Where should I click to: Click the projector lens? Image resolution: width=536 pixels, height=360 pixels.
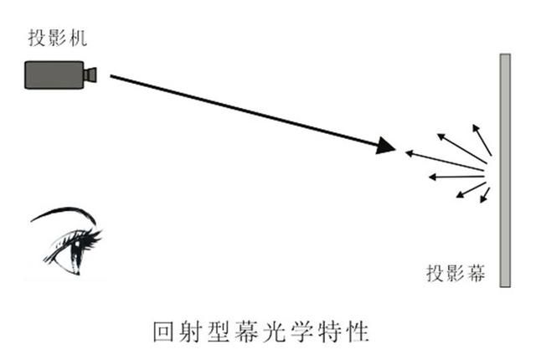(x=90, y=75)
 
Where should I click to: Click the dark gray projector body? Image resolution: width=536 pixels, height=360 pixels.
(x=54, y=75)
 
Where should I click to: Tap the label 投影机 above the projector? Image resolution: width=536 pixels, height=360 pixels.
(x=58, y=38)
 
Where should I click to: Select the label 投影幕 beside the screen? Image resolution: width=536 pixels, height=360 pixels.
(x=456, y=273)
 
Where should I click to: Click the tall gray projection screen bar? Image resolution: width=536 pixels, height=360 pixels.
(x=505, y=170)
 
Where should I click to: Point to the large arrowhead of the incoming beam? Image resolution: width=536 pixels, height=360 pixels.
(x=385, y=146)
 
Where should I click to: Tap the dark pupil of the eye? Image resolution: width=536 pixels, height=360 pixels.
(x=75, y=253)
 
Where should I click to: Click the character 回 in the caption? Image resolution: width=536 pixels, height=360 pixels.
(x=164, y=332)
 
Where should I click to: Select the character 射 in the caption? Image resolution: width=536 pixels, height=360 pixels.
(x=192, y=332)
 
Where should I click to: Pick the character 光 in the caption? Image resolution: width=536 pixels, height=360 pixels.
(x=274, y=332)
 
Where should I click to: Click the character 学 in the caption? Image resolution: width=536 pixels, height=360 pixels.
(x=301, y=332)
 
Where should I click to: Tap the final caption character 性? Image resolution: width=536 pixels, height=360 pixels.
(x=358, y=332)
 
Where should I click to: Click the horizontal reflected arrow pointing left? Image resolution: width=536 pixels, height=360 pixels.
(x=456, y=177)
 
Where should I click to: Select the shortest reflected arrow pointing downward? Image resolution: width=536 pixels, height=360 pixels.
(x=485, y=195)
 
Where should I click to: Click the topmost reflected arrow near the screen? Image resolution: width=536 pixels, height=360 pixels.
(x=482, y=141)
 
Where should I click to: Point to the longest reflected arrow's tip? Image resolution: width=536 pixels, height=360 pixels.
(x=405, y=152)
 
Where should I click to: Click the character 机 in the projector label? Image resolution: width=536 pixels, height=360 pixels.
(x=78, y=38)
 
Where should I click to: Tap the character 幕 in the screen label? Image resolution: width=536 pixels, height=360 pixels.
(x=477, y=273)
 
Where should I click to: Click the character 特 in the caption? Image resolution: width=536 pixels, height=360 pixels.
(x=329, y=332)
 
